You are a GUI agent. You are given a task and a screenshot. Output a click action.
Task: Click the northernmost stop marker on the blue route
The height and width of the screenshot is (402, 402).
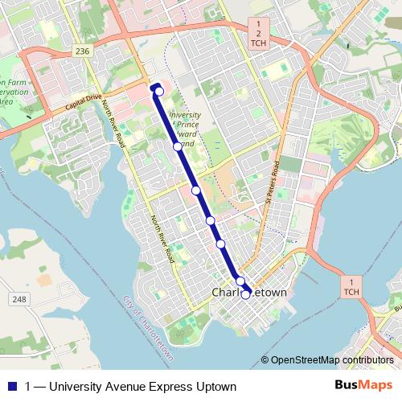(x=159, y=92)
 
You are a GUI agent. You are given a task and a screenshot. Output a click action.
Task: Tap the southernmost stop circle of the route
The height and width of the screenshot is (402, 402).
(x=245, y=295)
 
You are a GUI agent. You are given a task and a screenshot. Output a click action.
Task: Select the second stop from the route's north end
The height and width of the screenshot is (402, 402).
(x=178, y=146)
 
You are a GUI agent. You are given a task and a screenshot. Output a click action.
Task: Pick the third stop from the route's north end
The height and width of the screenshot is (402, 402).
(x=196, y=191)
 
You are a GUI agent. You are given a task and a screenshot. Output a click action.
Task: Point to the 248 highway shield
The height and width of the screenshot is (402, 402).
(x=18, y=299)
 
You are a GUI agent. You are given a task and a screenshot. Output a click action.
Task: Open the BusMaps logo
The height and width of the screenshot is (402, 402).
(x=363, y=386)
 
